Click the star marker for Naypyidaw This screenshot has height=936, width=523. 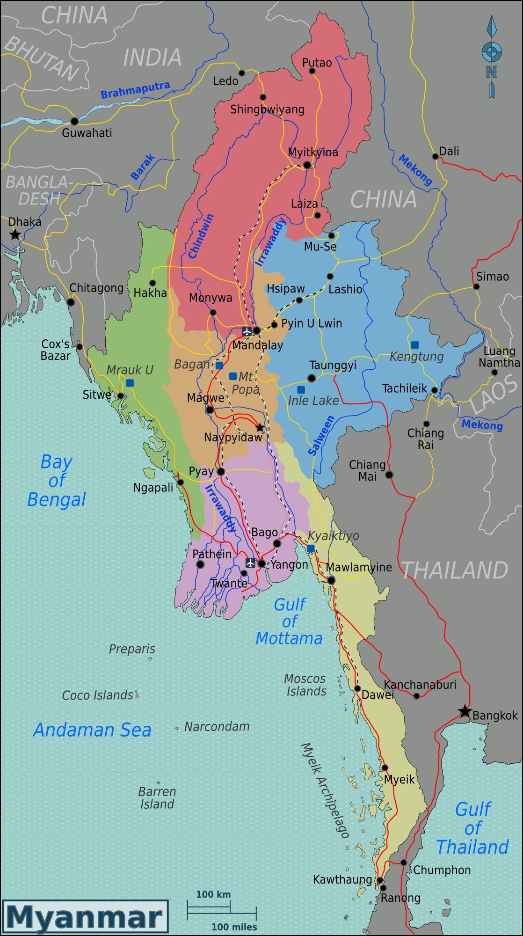[x=260, y=427]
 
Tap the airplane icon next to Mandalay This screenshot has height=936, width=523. [x=247, y=331]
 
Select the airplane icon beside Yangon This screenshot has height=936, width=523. [x=250, y=563]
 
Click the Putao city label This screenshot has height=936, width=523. [x=317, y=63]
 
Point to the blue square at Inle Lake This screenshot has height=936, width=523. [x=301, y=389]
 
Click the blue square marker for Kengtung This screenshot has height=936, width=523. [x=414, y=345]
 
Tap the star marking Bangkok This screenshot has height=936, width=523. [x=464, y=711]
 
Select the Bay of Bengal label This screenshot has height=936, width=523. [x=56, y=480]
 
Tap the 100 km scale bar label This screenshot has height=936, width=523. [x=213, y=894]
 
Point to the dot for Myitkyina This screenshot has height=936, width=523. [x=307, y=165]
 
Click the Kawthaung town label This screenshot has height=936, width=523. [x=342, y=879]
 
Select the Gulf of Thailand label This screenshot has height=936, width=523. [x=472, y=828]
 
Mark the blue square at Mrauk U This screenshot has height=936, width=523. [x=130, y=383]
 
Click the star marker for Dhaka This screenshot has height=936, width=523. [x=15, y=234]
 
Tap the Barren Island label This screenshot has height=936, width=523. [x=157, y=797]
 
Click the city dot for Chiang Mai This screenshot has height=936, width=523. [x=389, y=475]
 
